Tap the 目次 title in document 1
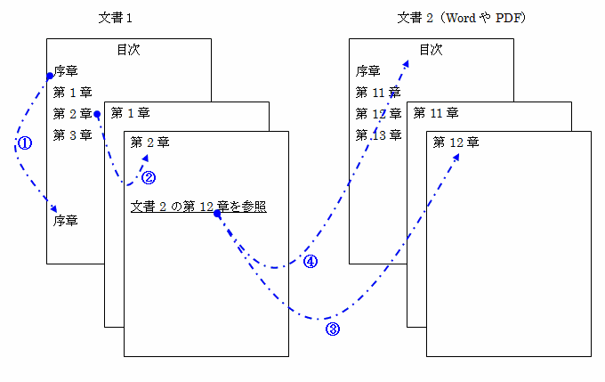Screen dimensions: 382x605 [x=128, y=50]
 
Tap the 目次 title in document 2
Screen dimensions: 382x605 [x=431, y=50]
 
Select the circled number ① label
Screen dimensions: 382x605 [x=25, y=143]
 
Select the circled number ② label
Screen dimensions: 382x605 [x=149, y=176]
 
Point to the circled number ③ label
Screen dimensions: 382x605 [x=333, y=329]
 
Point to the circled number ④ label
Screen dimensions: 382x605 [x=311, y=262]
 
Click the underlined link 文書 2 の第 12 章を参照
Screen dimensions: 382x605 [x=198, y=207]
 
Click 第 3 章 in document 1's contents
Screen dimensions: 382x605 [x=72, y=135]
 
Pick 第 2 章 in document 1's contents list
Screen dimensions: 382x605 [x=72, y=114]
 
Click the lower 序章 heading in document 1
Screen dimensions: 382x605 [x=66, y=219]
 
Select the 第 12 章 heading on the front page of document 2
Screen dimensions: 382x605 [x=456, y=142]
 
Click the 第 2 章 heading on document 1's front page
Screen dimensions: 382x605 [x=150, y=142]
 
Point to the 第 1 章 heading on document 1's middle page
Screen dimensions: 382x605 [x=131, y=113]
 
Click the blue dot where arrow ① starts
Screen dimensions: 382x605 [x=50, y=77]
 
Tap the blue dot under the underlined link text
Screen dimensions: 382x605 [x=217, y=215]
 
